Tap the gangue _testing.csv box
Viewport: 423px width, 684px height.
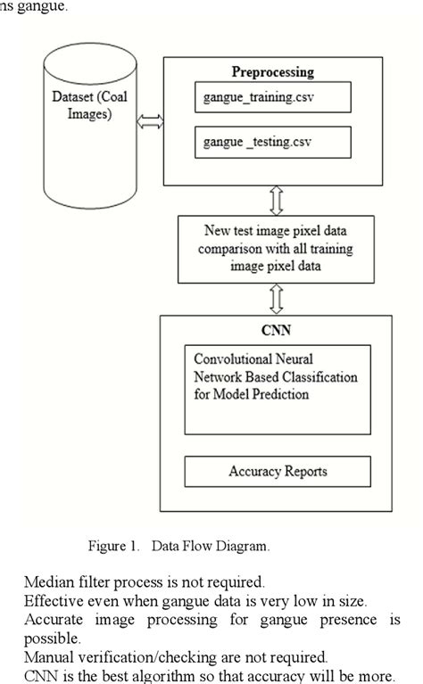click(x=270, y=142)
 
